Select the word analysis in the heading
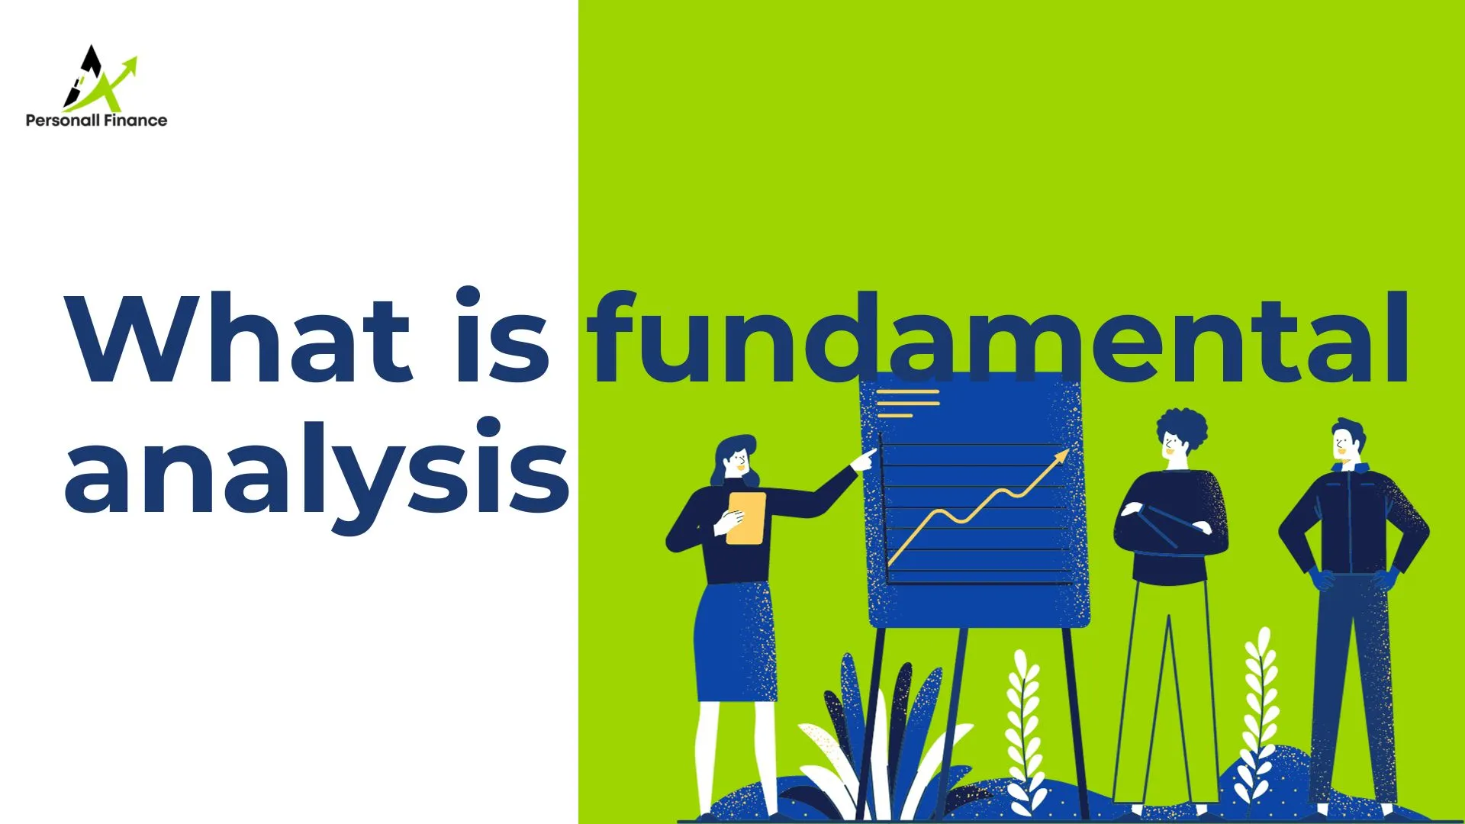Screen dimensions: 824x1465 click(x=316, y=469)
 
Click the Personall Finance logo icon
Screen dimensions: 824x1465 click(x=98, y=79)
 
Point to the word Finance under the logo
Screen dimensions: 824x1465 click(x=135, y=120)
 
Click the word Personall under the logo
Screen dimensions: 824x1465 click(x=63, y=120)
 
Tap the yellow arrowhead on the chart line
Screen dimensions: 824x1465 click(x=1061, y=455)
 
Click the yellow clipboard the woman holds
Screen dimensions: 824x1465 click(x=745, y=518)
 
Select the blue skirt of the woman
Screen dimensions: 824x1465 click(x=735, y=641)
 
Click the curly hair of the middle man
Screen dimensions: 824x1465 click(x=1183, y=427)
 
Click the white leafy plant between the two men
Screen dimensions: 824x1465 click(x=1259, y=710)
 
